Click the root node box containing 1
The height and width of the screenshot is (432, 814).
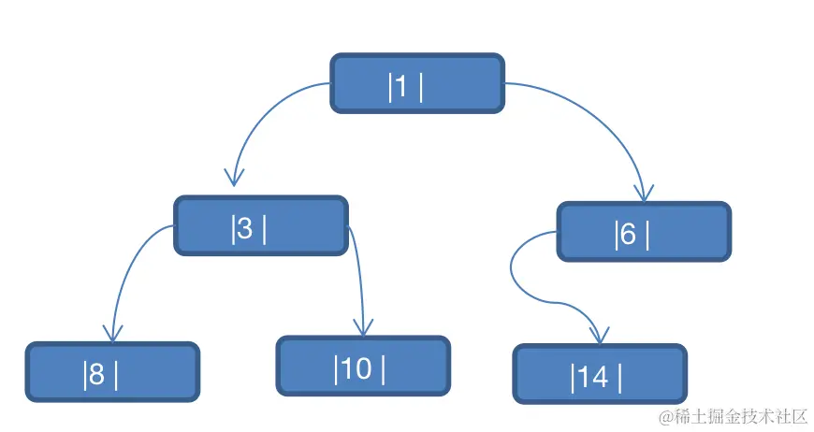pyautogui.click(x=417, y=83)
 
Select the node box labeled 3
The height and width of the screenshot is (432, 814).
pyautogui.click(x=261, y=225)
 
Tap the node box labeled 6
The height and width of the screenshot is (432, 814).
pyautogui.click(x=644, y=231)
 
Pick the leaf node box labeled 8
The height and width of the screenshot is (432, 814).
pyautogui.click(x=112, y=372)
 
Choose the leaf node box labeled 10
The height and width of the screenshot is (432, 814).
pyautogui.click(x=363, y=367)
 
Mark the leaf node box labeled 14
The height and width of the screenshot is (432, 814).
pyautogui.click(x=600, y=374)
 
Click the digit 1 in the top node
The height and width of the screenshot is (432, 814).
pyautogui.click(x=400, y=86)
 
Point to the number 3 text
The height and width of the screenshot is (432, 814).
pyautogui.click(x=244, y=228)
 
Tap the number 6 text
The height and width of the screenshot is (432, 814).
pyautogui.click(x=628, y=234)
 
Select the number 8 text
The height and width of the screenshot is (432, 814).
pyautogui.click(x=96, y=374)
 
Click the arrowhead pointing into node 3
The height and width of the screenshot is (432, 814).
pyautogui.click(x=234, y=178)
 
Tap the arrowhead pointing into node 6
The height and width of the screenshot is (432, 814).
pyautogui.click(x=645, y=193)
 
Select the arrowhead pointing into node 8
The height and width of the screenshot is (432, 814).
pyautogui.click(x=112, y=334)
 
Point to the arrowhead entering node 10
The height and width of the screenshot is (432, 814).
pyautogui.click(x=363, y=328)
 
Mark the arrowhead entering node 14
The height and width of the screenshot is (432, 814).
pyautogui.click(x=599, y=336)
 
